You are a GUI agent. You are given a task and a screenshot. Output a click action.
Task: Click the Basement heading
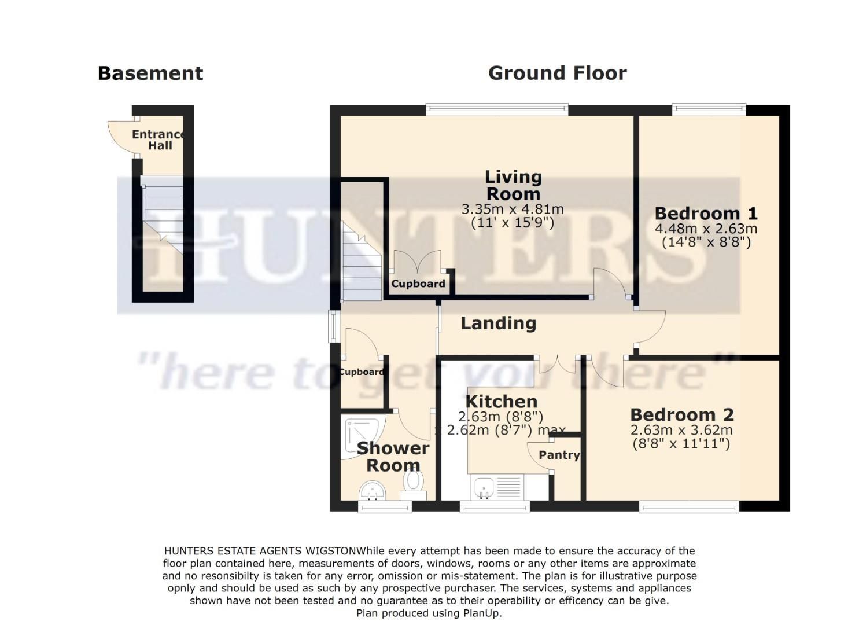(150, 73)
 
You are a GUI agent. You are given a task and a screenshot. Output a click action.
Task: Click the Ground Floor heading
(557, 73)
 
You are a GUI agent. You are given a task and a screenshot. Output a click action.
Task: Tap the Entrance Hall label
(158, 140)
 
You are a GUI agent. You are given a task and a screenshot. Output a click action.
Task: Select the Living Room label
(513, 185)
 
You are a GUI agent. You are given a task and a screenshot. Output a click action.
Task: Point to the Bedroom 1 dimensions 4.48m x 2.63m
(706, 229)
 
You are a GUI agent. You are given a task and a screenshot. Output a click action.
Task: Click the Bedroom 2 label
(681, 415)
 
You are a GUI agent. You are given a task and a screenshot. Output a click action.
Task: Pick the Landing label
(498, 323)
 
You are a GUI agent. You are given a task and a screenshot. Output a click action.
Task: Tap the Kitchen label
(501, 401)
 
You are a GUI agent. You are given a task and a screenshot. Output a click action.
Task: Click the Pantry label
(559, 455)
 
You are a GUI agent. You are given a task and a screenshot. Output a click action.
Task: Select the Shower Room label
(393, 457)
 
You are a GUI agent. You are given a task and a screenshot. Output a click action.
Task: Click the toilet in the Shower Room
(413, 484)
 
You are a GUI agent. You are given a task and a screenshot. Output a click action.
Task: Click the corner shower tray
(361, 435)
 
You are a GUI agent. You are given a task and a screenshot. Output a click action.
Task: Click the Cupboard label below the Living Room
(418, 284)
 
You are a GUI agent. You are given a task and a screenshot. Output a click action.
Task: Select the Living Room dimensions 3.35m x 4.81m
(512, 209)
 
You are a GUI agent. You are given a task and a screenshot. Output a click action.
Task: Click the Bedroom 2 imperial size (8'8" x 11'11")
(681, 444)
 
